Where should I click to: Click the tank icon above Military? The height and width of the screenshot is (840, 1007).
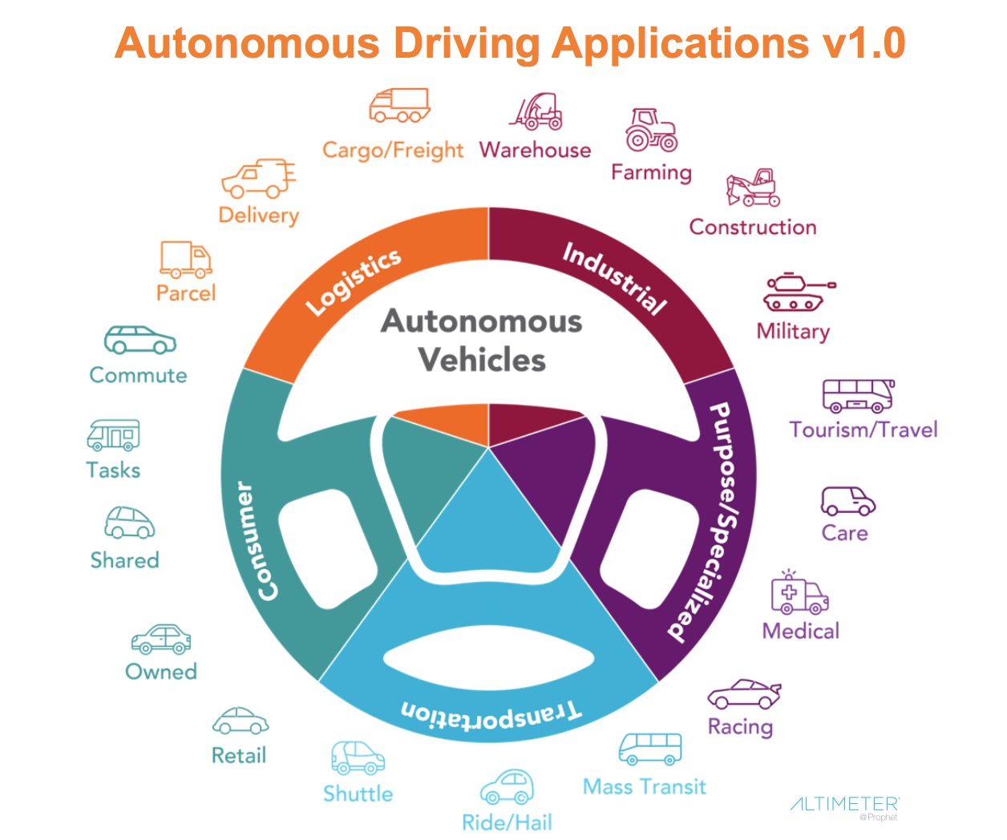pyautogui.click(x=798, y=293)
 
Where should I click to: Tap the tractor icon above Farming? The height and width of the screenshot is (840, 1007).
pyautogui.click(x=651, y=131)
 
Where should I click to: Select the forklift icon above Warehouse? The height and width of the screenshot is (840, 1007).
pyautogui.click(x=536, y=112)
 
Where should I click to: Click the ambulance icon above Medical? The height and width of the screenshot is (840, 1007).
pyautogui.click(x=799, y=594)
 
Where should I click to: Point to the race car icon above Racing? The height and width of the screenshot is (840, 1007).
pyautogui.click(x=743, y=694)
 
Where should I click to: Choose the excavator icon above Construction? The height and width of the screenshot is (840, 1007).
pyautogui.click(x=753, y=188)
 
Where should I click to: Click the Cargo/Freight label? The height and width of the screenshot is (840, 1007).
pyautogui.click(x=393, y=150)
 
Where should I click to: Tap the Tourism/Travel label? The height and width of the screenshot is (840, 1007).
pyautogui.click(x=863, y=430)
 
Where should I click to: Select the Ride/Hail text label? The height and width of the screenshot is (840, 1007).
pyautogui.click(x=507, y=822)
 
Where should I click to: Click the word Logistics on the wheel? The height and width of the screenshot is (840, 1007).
pyautogui.click(x=354, y=281)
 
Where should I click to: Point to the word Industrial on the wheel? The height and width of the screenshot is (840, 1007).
pyautogui.click(x=614, y=277)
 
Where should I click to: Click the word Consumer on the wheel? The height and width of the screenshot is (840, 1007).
pyautogui.click(x=257, y=541)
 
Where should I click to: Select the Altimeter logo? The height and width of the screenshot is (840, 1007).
pyautogui.click(x=844, y=805)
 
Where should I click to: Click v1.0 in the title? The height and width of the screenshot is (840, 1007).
pyautogui.click(x=863, y=42)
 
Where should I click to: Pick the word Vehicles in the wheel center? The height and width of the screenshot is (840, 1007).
pyautogui.click(x=482, y=360)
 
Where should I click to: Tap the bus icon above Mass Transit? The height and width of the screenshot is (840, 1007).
pyautogui.click(x=650, y=749)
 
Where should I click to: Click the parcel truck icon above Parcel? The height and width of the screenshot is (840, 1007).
pyautogui.click(x=186, y=259)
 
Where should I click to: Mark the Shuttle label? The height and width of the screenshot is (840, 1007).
pyautogui.click(x=358, y=794)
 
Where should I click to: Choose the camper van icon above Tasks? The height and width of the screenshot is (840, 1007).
pyautogui.click(x=113, y=434)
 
